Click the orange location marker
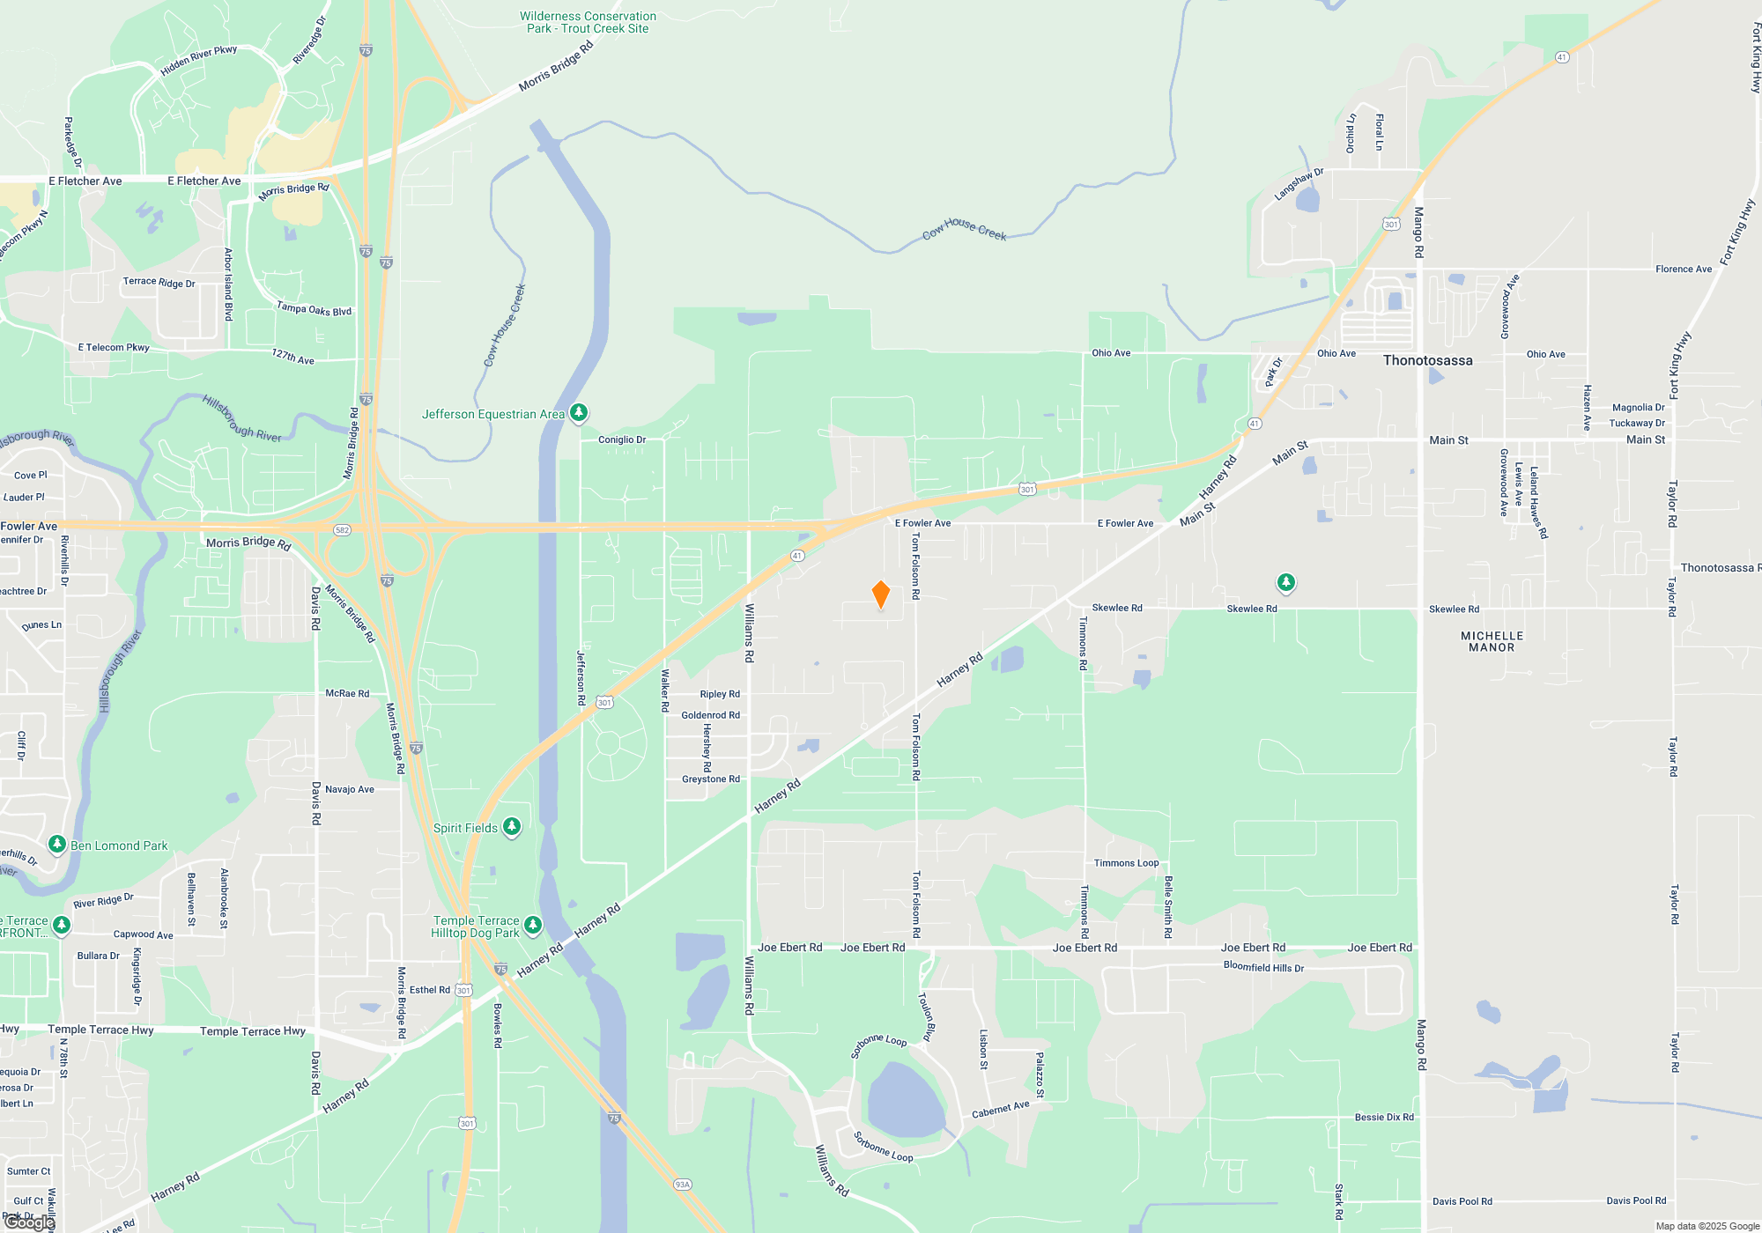coord(880,594)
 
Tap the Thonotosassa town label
coord(1427,360)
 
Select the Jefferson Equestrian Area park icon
coord(579,412)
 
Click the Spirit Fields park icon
coord(512,827)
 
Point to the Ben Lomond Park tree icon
coord(57,845)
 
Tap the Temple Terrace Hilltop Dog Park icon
coord(533,924)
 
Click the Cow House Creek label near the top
coord(964,229)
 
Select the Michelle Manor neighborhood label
coord(1492,641)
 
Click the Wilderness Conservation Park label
coord(588,22)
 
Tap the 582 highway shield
coord(343,529)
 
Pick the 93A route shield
coord(682,1185)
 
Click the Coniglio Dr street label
coord(622,439)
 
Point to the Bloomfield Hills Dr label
coord(1263,967)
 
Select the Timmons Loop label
coord(1126,863)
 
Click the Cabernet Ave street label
coord(1001,1110)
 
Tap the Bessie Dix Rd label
coord(1384,1117)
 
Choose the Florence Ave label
coord(1683,269)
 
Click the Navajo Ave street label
coord(350,789)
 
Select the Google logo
coord(29,1222)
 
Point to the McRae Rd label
coord(347,693)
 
